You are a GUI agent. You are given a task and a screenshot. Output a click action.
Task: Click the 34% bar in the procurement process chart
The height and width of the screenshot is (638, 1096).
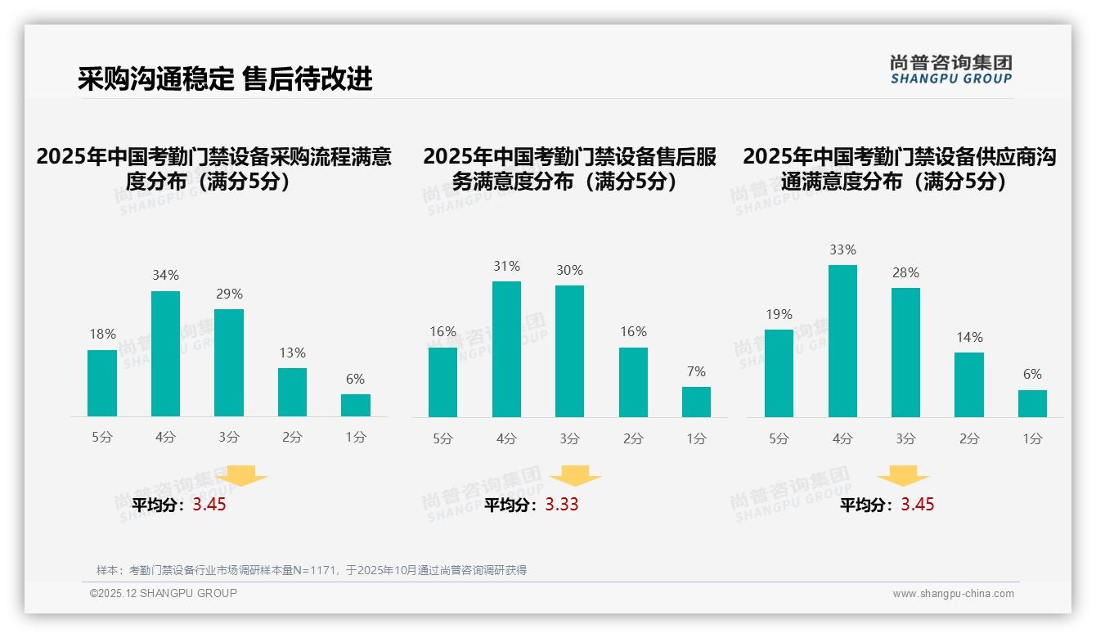[x=165, y=353]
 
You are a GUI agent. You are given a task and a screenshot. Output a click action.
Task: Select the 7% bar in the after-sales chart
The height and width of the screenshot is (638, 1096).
[x=696, y=402]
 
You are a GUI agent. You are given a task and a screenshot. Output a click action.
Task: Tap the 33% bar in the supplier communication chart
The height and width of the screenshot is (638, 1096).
[x=842, y=341]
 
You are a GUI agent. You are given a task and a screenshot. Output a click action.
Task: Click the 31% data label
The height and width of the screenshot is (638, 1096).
[x=506, y=267]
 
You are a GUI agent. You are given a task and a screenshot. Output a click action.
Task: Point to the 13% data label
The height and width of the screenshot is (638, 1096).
[x=292, y=353]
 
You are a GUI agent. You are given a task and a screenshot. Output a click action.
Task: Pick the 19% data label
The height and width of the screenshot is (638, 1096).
[x=779, y=315]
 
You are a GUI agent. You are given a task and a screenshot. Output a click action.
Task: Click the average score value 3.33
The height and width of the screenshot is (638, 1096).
[x=562, y=505]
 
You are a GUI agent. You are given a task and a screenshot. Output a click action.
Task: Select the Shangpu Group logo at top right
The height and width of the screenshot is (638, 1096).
[x=950, y=69]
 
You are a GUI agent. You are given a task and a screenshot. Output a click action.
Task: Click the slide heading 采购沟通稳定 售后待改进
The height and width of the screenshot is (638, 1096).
[x=225, y=79]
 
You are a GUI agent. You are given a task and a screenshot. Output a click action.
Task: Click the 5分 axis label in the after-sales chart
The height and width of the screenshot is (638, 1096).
[x=442, y=439]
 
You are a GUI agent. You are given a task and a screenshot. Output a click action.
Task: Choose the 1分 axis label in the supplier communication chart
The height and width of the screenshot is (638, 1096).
[x=1032, y=439]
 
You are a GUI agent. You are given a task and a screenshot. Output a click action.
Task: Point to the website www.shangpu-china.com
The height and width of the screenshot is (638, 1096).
[x=953, y=594]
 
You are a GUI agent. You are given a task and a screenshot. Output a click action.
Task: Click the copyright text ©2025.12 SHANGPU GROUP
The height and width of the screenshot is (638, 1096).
[x=164, y=593]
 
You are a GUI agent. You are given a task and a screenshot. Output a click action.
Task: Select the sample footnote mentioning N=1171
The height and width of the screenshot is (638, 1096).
[x=311, y=570]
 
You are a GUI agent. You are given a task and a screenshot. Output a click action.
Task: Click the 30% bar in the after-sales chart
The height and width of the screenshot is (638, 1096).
[x=569, y=352]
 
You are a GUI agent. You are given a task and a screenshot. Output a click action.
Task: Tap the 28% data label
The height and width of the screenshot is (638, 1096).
[x=905, y=273]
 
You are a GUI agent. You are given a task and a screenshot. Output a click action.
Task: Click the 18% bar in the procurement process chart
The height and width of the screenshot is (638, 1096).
[x=102, y=383]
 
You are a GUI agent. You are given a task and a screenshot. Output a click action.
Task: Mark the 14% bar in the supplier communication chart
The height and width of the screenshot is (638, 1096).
[x=968, y=384]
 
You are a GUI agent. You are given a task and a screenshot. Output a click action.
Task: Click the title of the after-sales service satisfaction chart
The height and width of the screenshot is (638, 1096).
[x=569, y=168]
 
